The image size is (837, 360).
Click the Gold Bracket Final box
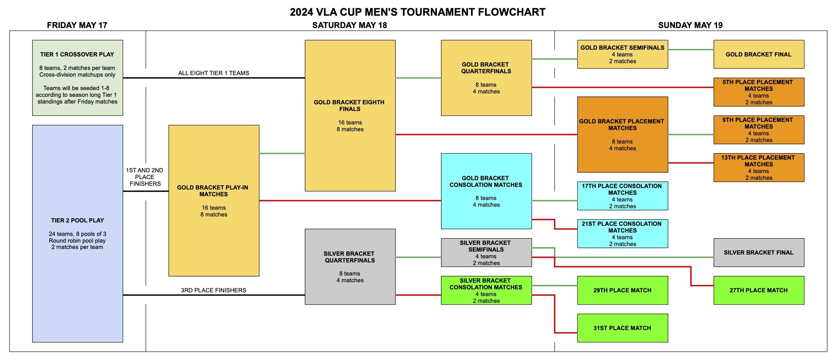click(x=758, y=54)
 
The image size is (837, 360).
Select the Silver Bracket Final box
click(x=758, y=252)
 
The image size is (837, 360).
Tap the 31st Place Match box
click(x=622, y=328)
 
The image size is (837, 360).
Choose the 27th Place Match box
click(x=758, y=290)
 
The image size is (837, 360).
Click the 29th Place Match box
click(x=622, y=290)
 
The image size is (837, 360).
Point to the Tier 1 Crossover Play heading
click(x=77, y=54)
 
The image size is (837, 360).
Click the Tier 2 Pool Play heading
click(x=77, y=220)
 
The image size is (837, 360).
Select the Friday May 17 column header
click(x=77, y=25)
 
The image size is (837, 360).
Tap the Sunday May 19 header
click(x=690, y=25)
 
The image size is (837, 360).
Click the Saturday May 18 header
click(x=349, y=25)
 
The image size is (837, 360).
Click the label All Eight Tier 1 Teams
click(x=214, y=73)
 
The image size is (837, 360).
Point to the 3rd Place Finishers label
click(x=214, y=290)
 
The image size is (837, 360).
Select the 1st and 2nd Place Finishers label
click(x=145, y=177)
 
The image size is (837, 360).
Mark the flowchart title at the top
click(x=417, y=12)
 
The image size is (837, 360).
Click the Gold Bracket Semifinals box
click(x=622, y=54)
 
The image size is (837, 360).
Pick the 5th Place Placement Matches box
click(x=758, y=92)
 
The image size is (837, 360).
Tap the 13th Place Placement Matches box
click(x=758, y=167)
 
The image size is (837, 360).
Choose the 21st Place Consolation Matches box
click(x=622, y=234)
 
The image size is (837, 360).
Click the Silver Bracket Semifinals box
click(x=486, y=253)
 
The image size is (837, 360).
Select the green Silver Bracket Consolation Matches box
click(x=486, y=290)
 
